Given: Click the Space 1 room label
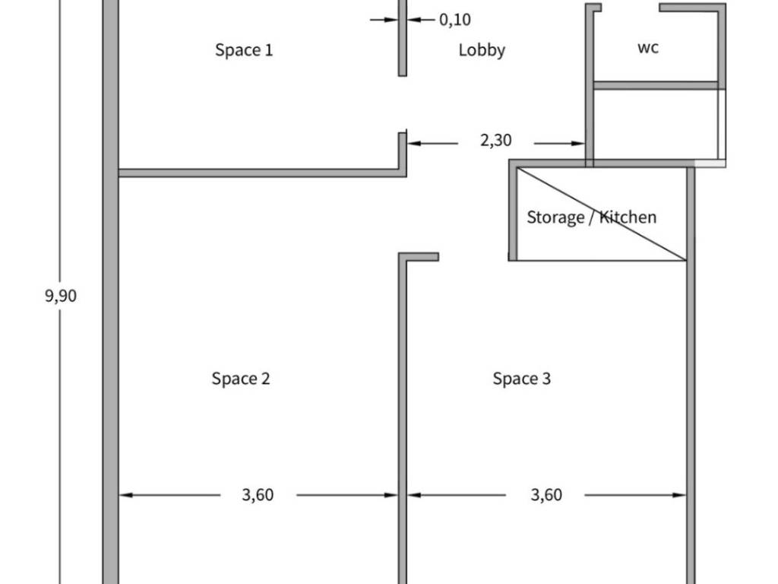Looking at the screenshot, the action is (244, 49).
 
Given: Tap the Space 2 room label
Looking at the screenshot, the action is (241, 379).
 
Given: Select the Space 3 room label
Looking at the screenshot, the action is (521, 379).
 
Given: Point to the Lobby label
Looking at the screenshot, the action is (482, 50).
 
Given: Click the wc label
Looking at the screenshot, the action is (648, 48).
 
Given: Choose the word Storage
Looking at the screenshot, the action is (555, 217).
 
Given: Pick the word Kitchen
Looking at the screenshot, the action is (628, 217).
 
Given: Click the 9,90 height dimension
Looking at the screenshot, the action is (61, 296).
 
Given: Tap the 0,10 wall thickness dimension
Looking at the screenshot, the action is (455, 20).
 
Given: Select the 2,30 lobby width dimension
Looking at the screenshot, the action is (495, 141).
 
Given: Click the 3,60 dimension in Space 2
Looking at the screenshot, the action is (258, 495).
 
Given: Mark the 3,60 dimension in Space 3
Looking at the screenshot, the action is (546, 495).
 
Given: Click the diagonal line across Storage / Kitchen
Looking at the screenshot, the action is (602, 214).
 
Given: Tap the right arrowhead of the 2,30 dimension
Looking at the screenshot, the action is (578, 144).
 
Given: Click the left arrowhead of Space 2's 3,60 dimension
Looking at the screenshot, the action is (126, 495).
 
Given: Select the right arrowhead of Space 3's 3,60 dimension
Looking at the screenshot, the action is (679, 495).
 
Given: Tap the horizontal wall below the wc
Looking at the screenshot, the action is (656, 85).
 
